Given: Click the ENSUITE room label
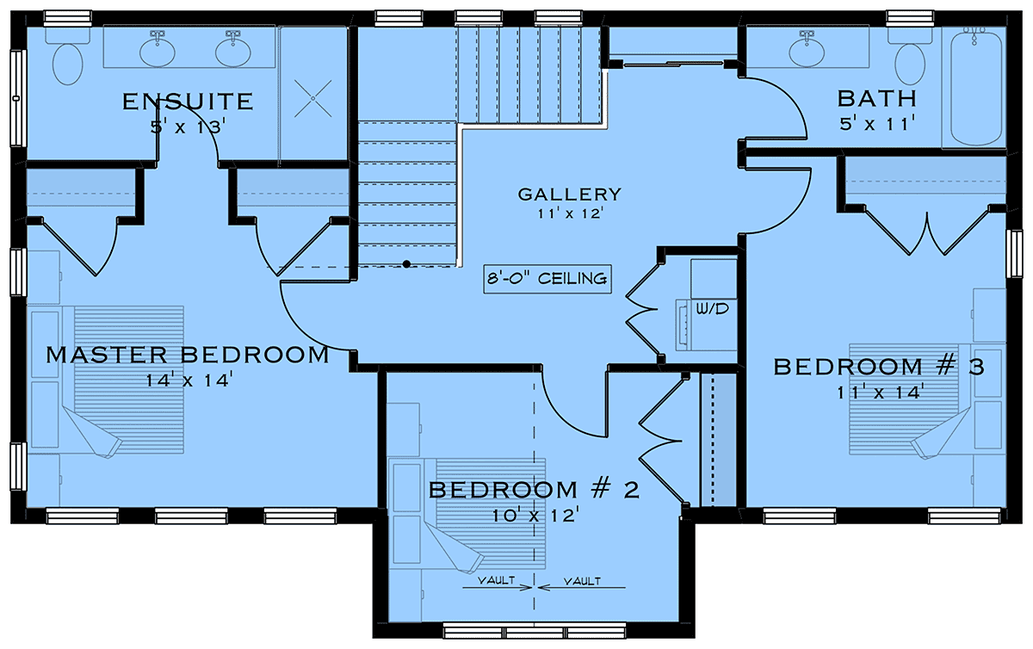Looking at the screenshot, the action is [188, 101].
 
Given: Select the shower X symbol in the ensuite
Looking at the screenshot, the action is [313, 98].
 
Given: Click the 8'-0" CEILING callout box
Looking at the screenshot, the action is [547, 279].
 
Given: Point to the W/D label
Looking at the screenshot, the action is [712, 309].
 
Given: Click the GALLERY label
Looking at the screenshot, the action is [570, 195].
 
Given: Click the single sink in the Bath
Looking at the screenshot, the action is [807, 51].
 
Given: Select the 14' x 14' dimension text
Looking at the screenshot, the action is [189, 380].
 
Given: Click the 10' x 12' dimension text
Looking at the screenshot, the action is [535, 516].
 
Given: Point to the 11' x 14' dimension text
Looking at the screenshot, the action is [881, 392].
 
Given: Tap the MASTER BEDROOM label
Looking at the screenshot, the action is [188, 355].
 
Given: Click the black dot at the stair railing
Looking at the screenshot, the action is [406, 264].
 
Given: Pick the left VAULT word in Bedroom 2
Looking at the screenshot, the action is [496, 580].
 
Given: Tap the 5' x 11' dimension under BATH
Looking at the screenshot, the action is [877, 124].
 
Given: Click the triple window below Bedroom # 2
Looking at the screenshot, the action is [535, 631].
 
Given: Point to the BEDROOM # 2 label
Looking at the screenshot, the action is [535, 490].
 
